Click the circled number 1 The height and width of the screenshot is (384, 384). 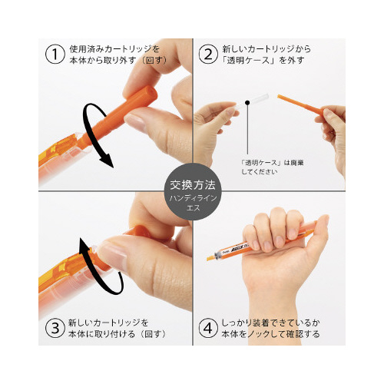[x=55, y=55]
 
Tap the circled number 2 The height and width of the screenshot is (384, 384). [x=208, y=55]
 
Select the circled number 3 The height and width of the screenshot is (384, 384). [x=55, y=328]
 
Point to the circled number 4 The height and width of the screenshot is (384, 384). [x=208, y=328]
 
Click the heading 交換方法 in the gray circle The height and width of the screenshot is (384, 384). [x=193, y=185]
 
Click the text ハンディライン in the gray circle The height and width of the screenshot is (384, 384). [x=193, y=198]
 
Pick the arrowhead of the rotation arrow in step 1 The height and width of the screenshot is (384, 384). [x=108, y=161]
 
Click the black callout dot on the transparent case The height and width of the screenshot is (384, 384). [x=247, y=103]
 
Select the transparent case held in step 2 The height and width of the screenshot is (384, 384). [x=251, y=101]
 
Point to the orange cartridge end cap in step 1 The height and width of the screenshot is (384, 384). [x=148, y=94]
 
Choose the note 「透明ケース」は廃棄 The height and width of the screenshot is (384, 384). [x=273, y=163]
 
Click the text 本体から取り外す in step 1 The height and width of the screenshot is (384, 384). [x=103, y=61]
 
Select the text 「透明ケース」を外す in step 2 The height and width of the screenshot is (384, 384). [x=263, y=61]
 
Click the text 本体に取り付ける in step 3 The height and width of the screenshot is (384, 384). [x=101, y=334]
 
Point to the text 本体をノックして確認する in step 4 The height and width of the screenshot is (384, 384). [x=270, y=334]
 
